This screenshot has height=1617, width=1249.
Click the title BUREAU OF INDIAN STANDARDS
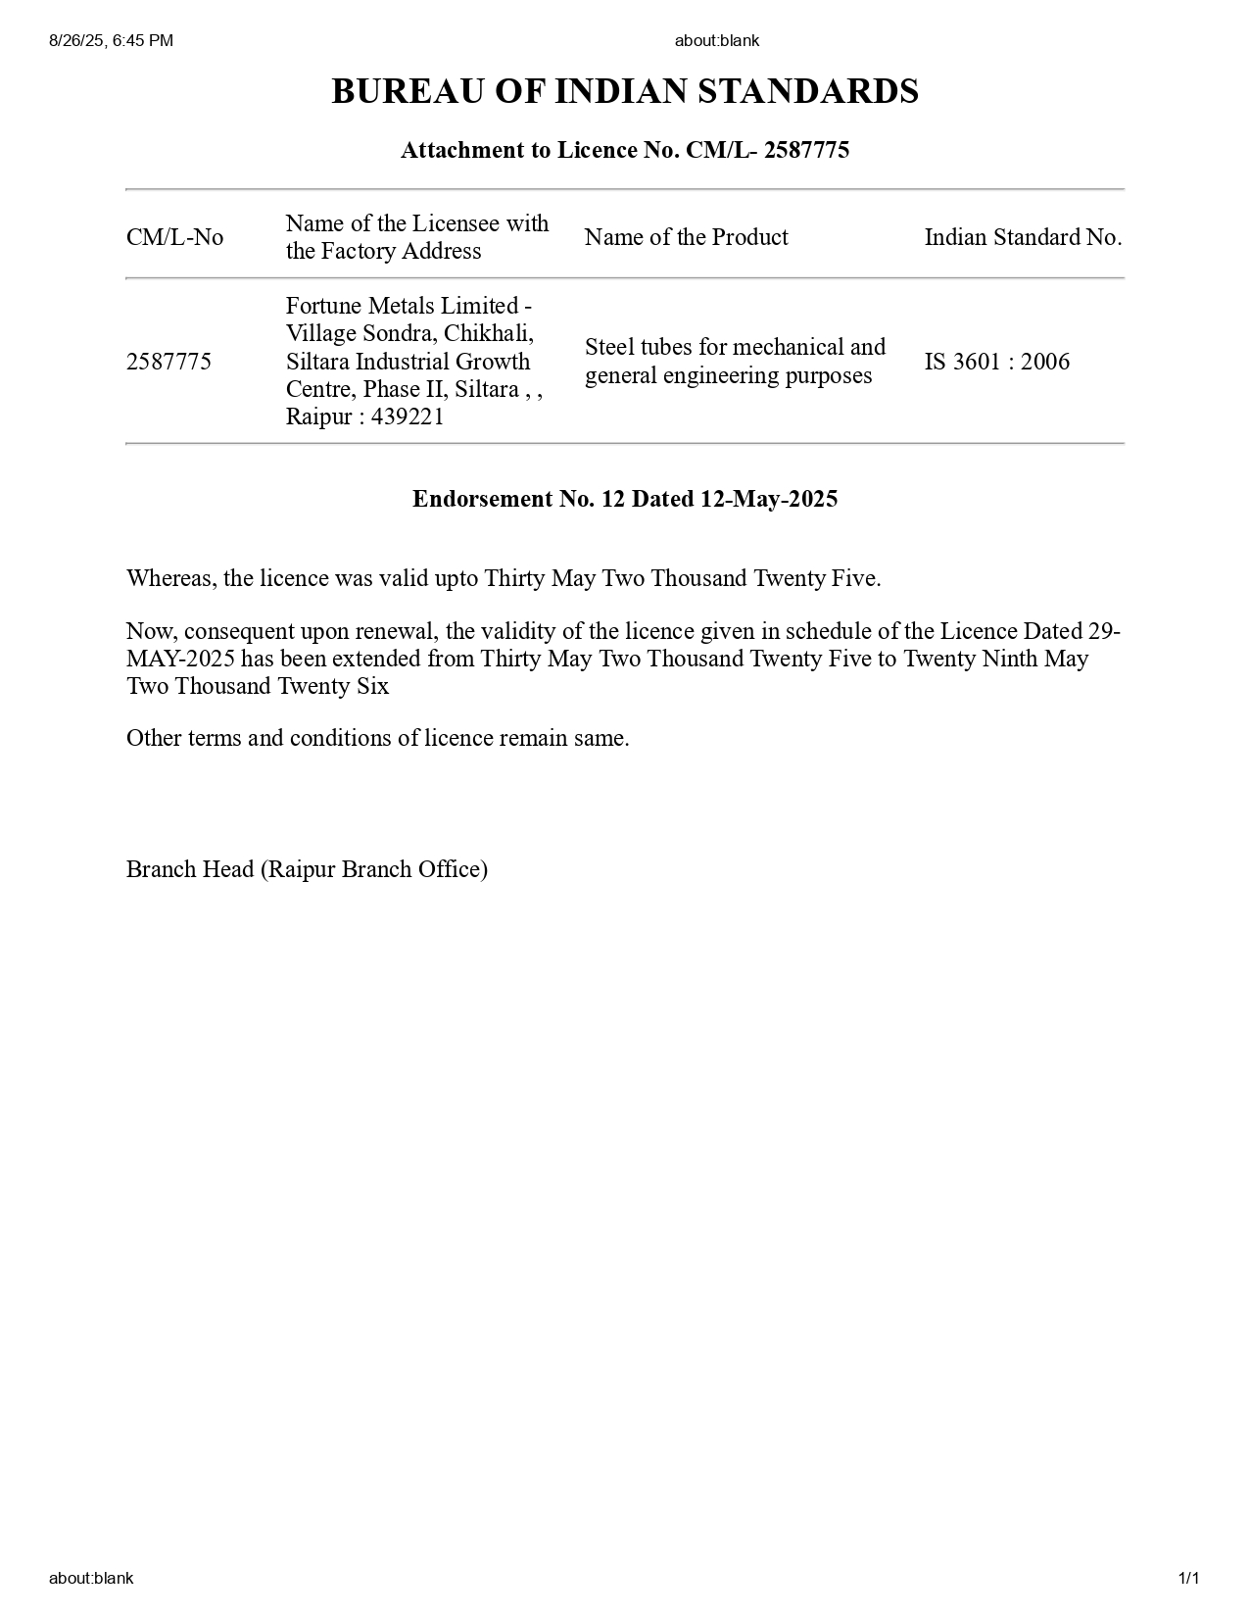point(624,91)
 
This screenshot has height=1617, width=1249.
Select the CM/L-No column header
point(174,237)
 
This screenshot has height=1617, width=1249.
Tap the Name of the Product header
point(686,237)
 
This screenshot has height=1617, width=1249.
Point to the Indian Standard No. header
point(1023,237)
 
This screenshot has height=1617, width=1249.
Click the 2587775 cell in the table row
point(168,362)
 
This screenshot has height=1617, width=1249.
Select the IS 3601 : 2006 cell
point(996,362)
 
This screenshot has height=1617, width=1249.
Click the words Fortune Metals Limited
point(402,306)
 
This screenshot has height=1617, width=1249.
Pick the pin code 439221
point(408,416)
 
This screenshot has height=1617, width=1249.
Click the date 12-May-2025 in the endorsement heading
point(768,499)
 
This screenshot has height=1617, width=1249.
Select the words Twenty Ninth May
point(995,659)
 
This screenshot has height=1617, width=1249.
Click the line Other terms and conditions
point(377,738)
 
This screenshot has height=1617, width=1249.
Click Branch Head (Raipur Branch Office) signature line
point(307,869)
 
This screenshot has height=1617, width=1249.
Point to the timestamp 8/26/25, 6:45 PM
point(111,40)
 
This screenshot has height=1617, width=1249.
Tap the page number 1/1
point(1188,1578)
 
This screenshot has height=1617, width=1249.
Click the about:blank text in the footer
point(91,1578)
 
